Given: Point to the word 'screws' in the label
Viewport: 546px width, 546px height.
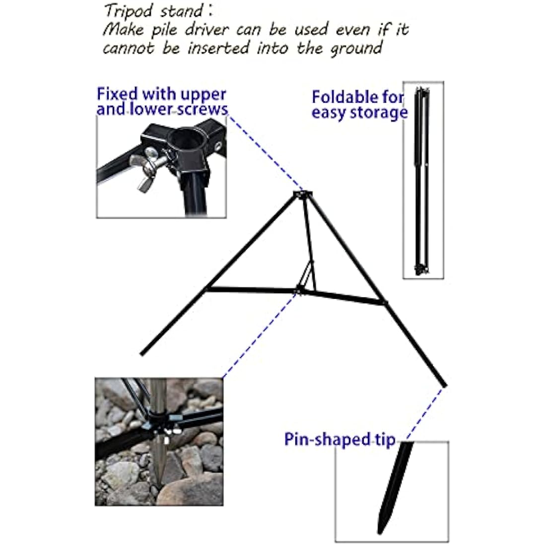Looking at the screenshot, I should tap(204, 109).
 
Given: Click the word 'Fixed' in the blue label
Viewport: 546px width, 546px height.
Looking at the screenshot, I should tap(117, 94).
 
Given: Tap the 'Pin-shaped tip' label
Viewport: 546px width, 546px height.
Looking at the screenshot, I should tap(340, 439).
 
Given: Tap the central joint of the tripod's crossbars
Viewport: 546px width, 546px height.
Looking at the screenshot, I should tap(299, 288).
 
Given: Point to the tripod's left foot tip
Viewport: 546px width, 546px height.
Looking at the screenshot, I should tap(142, 354).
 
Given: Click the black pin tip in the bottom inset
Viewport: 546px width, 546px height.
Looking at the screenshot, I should tap(396, 486).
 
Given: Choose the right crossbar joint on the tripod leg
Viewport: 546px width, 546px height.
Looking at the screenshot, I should tap(384, 301).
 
